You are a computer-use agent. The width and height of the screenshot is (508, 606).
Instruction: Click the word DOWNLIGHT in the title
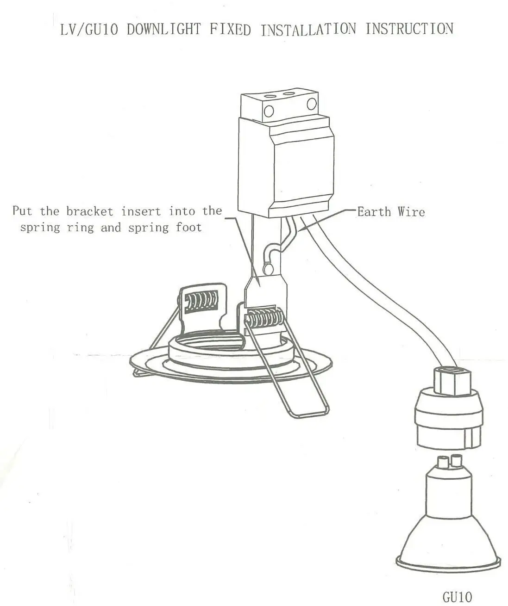tap(164, 29)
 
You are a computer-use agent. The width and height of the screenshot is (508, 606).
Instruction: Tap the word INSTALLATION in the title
tap(308, 29)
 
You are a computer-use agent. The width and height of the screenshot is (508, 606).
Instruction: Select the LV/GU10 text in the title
tap(89, 30)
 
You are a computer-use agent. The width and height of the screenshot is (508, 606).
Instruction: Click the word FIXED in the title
tap(230, 29)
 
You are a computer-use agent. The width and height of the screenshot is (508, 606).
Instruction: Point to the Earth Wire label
tap(391, 212)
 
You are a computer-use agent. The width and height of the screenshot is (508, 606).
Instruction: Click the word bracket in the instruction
tap(89, 211)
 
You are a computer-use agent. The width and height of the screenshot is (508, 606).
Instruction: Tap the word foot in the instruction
tap(188, 227)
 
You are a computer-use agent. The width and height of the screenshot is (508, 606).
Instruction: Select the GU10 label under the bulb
tap(458, 595)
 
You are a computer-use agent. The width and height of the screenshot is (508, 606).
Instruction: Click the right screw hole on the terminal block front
tap(312, 104)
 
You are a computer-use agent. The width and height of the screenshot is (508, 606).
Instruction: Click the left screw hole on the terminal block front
tap(269, 111)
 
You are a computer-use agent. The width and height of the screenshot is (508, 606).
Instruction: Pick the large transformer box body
tap(286, 166)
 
